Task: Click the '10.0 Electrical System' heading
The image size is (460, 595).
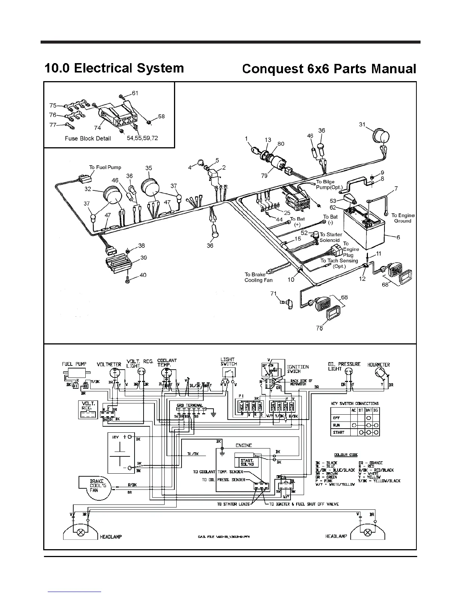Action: tap(114, 68)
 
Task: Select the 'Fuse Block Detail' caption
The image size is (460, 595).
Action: tap(88, 138)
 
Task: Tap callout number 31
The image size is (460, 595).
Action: tap(362, 124)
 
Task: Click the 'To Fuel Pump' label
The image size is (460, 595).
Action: tap(105, 167)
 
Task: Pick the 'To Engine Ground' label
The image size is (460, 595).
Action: tap(403, 218)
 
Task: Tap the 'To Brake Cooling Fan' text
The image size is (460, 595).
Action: tap(258, 277)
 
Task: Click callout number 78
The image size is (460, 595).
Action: tap(319, 328)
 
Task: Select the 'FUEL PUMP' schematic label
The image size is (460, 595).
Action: tap(74, 364)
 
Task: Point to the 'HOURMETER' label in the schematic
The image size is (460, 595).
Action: tap(378, 364)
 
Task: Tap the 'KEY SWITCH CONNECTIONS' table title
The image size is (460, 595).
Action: tap(354, 403)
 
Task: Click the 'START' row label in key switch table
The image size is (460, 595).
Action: tap(339, 432)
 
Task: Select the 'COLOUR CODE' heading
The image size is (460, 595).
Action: tap(346, 455)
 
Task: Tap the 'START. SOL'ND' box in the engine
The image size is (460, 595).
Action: tap(247, 462)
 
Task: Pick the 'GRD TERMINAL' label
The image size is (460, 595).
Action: tap(189, 406)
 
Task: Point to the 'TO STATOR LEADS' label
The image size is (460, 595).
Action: tap(233, 504)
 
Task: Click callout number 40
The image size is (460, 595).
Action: tap(143, 275)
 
